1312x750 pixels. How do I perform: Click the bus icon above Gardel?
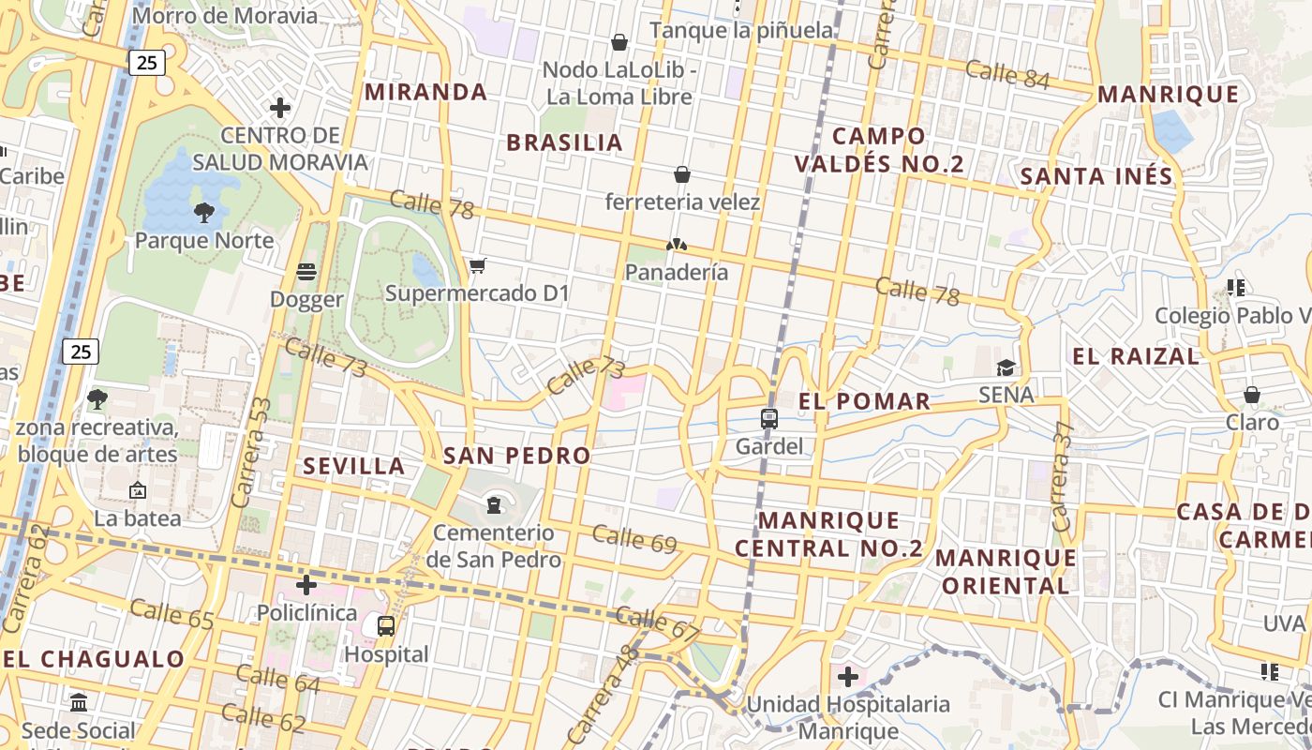tap(768, 419)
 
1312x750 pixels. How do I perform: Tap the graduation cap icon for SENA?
tap(1006, 367)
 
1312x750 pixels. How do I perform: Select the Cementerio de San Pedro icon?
tap(494, 506)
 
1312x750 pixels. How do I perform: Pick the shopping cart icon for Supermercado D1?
tap(477, 266)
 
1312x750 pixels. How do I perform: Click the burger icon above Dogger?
tap(306, 272)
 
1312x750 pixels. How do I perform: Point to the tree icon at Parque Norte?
tap(203, 213)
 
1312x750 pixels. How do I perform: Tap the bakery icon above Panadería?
tap(677, 245)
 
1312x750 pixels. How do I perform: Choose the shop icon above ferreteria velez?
tap(682, 174)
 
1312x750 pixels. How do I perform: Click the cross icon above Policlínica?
tap(306, 586)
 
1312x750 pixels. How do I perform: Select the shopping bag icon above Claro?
tap(1251, 395)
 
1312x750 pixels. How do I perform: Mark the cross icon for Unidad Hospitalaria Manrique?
tap(848, 677)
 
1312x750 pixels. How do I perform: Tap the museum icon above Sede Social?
tap(79, 702)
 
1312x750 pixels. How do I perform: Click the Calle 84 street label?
tap(1007, 74)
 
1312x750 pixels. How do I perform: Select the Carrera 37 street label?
tap(1062, 488)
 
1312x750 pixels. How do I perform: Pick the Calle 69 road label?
tap(634, 538)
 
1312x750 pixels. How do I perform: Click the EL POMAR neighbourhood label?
tap(864, 402)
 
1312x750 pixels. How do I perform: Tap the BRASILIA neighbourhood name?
tap(564, 142)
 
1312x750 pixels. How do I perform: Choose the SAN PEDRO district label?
tap(516, 457)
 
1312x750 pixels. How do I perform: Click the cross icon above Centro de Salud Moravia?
tap(279, 108)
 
